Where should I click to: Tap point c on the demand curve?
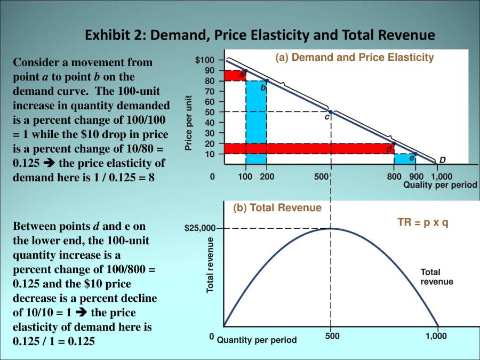pyautogui.click(x=331, y=111)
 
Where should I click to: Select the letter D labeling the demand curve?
pyautogui.click(x=443, y=161)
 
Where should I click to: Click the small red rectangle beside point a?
pyautogui.click(x=235, y=75)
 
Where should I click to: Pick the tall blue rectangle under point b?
pyautogui.click(x=257, y=122)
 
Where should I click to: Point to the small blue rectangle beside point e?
pyautogui.click(x=405, y=158)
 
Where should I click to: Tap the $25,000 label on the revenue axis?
pyautogui.click(x=201, y=229)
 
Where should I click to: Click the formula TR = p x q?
pyautogui.click(x=423, y=222)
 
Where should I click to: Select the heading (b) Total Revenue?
pyautogui.click(x=277, y=208)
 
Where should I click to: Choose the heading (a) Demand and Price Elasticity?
pyautogui.click(x=354, y=57)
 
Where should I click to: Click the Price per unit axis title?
pyautogui.click(x=189, y=123)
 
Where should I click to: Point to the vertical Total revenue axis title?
pyautogui.click(x=210, y=265)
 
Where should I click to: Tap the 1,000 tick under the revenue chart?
pyautogui.click(x=436, y=336)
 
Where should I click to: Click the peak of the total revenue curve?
pyautogui.click(x=331, y=229)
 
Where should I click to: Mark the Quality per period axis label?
pyautogui.click(x=439, y=185)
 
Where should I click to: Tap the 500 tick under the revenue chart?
pyautogui.click(x=331, y=336)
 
